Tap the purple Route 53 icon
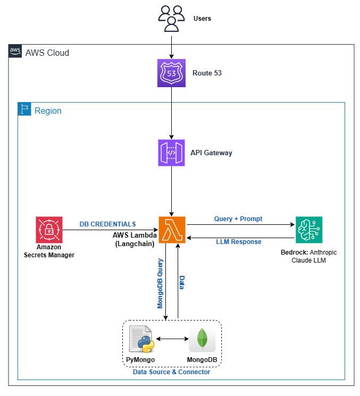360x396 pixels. click(x=171, y=73)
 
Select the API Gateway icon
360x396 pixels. click(x=171, y=153)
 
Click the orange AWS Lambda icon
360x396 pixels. click(x=171, y=230)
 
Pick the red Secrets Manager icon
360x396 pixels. click(x=49, y=230)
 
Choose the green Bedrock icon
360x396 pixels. click(x=309, y=230)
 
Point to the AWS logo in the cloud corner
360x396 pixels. click(x=15, y=52)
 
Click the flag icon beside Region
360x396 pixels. click(x=24, y=109)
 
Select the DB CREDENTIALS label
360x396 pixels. click(x=107, y=224)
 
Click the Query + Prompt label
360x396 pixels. click(x=238, y=218)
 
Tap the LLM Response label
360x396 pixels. click(x=238, y=242)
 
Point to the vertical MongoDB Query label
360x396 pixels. click(x=160, y=283)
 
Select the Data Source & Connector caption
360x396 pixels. click(x=171, y=372)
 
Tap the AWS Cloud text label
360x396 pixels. click(x=47, y=53)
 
